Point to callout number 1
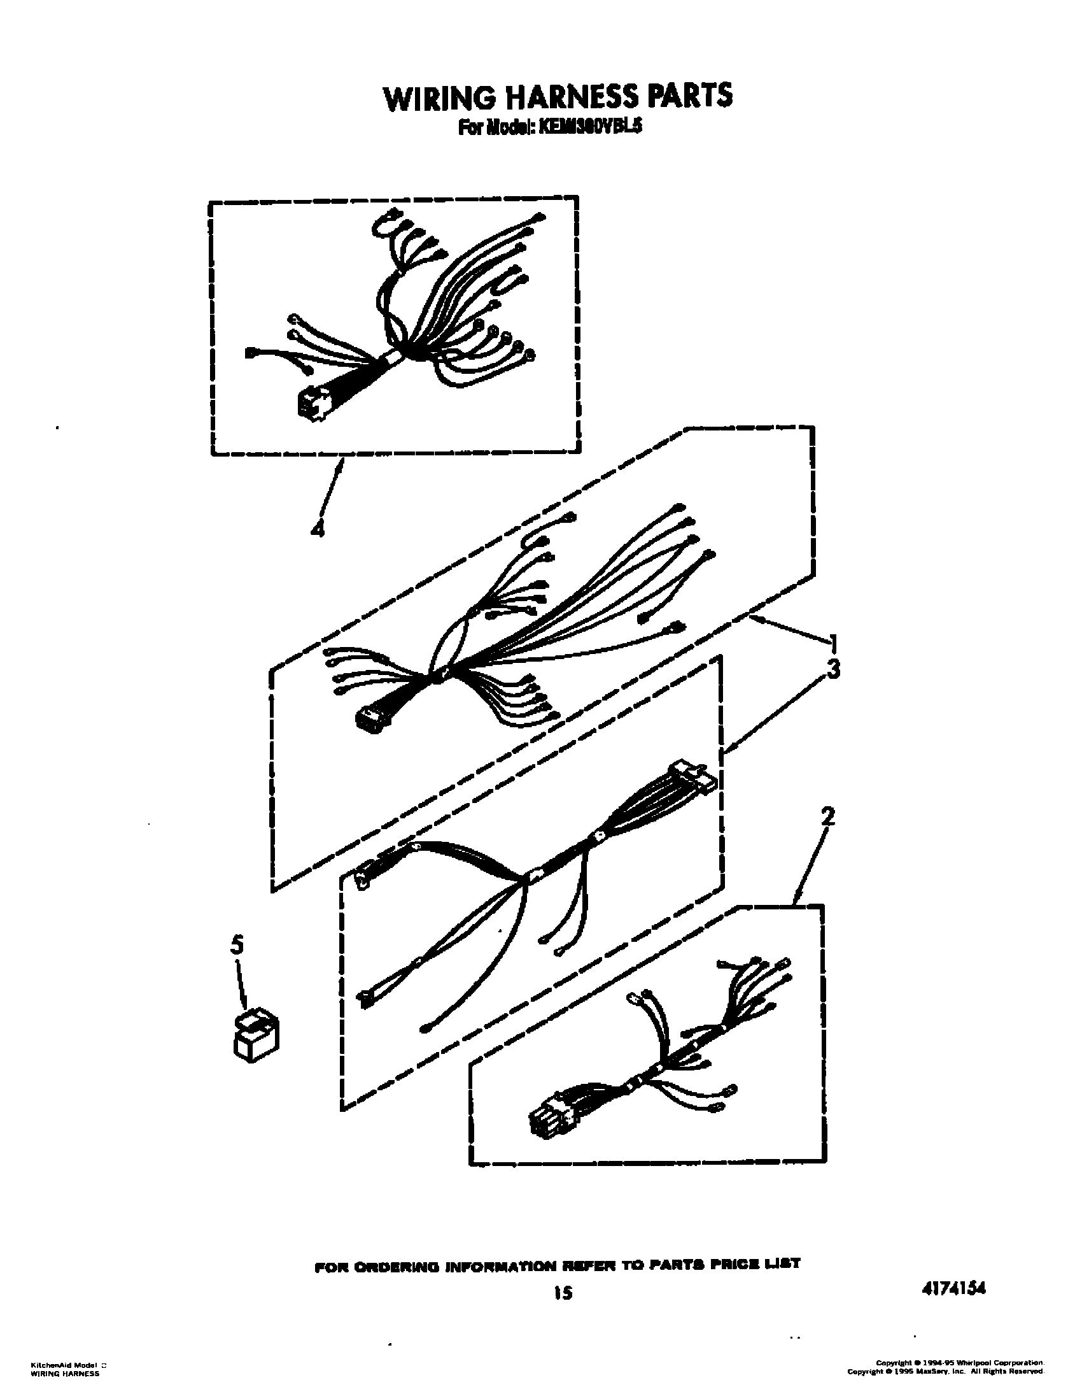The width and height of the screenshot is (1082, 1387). point(833,643)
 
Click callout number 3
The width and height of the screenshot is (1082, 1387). point(833,670)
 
